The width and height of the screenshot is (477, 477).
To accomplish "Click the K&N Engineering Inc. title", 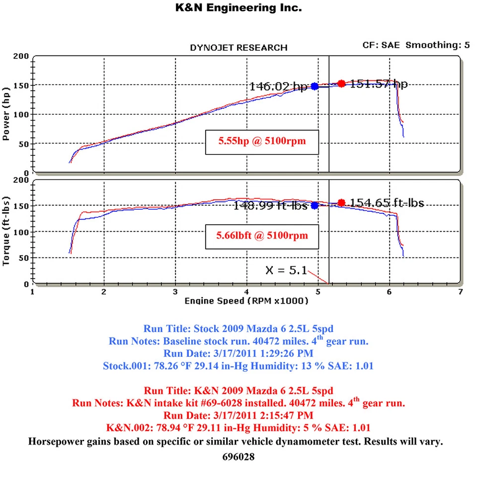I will [238, 8].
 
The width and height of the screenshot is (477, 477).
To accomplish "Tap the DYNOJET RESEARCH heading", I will [238, 48].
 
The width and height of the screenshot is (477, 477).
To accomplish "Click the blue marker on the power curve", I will [315, 86].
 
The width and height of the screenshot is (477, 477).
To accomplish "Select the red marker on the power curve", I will [341, 83].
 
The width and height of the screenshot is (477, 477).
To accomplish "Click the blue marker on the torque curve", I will [315, 205].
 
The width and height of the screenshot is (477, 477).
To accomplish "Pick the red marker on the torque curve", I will [341, 202].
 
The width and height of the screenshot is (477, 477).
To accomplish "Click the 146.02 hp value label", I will [278, 86].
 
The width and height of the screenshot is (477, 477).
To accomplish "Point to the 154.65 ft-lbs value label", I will [387, 202].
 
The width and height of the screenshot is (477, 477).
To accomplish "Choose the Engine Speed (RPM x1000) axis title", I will [246, 301].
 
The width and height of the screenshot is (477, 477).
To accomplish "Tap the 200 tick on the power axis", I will [21, 56].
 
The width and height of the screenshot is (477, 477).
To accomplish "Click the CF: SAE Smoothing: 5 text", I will [416, 45].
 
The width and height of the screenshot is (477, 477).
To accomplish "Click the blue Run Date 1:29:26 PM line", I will [238, 353].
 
